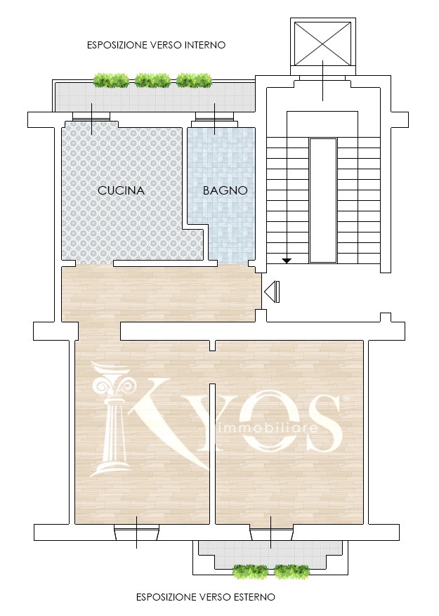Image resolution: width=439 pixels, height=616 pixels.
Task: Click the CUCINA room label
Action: coord(121,190)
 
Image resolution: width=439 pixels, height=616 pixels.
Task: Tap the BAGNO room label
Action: coord(225,190)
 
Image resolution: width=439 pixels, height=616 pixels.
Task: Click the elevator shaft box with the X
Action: coord(322,44)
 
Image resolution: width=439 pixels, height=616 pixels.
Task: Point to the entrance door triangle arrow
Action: coord(272,292)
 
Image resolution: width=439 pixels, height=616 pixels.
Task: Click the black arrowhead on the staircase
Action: coord(287,260)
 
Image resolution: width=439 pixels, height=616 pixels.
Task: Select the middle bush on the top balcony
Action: coord(152,81)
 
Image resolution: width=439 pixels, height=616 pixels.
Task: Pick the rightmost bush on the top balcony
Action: coord(194,81)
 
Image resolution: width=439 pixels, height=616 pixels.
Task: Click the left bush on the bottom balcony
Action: coord(250,572)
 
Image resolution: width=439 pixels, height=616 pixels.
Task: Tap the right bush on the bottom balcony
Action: coord(291,572)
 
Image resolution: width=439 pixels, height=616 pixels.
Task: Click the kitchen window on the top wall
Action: coord(91,117)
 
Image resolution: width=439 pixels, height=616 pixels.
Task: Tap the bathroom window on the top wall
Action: coord(215,117)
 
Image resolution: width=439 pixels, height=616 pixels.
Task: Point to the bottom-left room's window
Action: coord(136,532)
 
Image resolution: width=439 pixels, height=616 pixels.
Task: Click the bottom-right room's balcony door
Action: coord(271,532)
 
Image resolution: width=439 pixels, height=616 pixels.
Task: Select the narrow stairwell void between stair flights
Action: coord(323,200)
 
